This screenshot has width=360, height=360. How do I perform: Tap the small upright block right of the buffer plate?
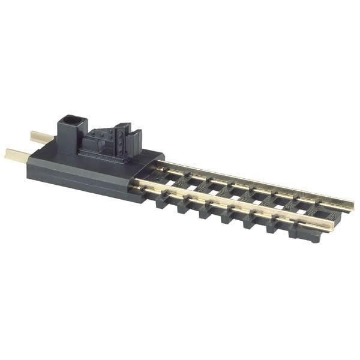(x=136, y=140)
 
